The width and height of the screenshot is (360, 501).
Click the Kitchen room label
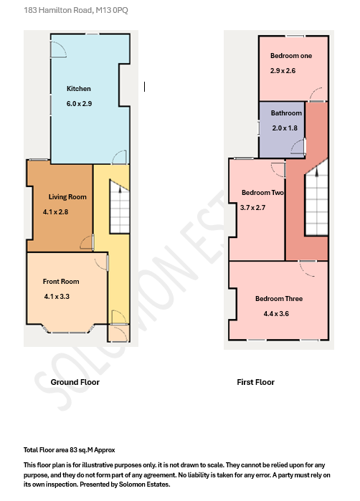79,89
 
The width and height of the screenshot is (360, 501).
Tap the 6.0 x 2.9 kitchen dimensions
79,104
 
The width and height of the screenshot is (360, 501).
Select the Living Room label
67,197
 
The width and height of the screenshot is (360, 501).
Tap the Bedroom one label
291,56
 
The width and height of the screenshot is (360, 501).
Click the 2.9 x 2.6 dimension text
283,71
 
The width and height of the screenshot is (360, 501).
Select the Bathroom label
286,113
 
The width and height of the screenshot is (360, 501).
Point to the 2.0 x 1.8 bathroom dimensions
284,128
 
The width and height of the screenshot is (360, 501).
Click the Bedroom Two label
263,193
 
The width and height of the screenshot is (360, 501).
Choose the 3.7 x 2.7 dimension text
252,207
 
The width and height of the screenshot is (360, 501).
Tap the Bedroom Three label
278,299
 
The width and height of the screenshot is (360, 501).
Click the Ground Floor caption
75,382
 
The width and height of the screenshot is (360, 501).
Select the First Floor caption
255,382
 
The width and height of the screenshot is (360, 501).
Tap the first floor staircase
316,197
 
